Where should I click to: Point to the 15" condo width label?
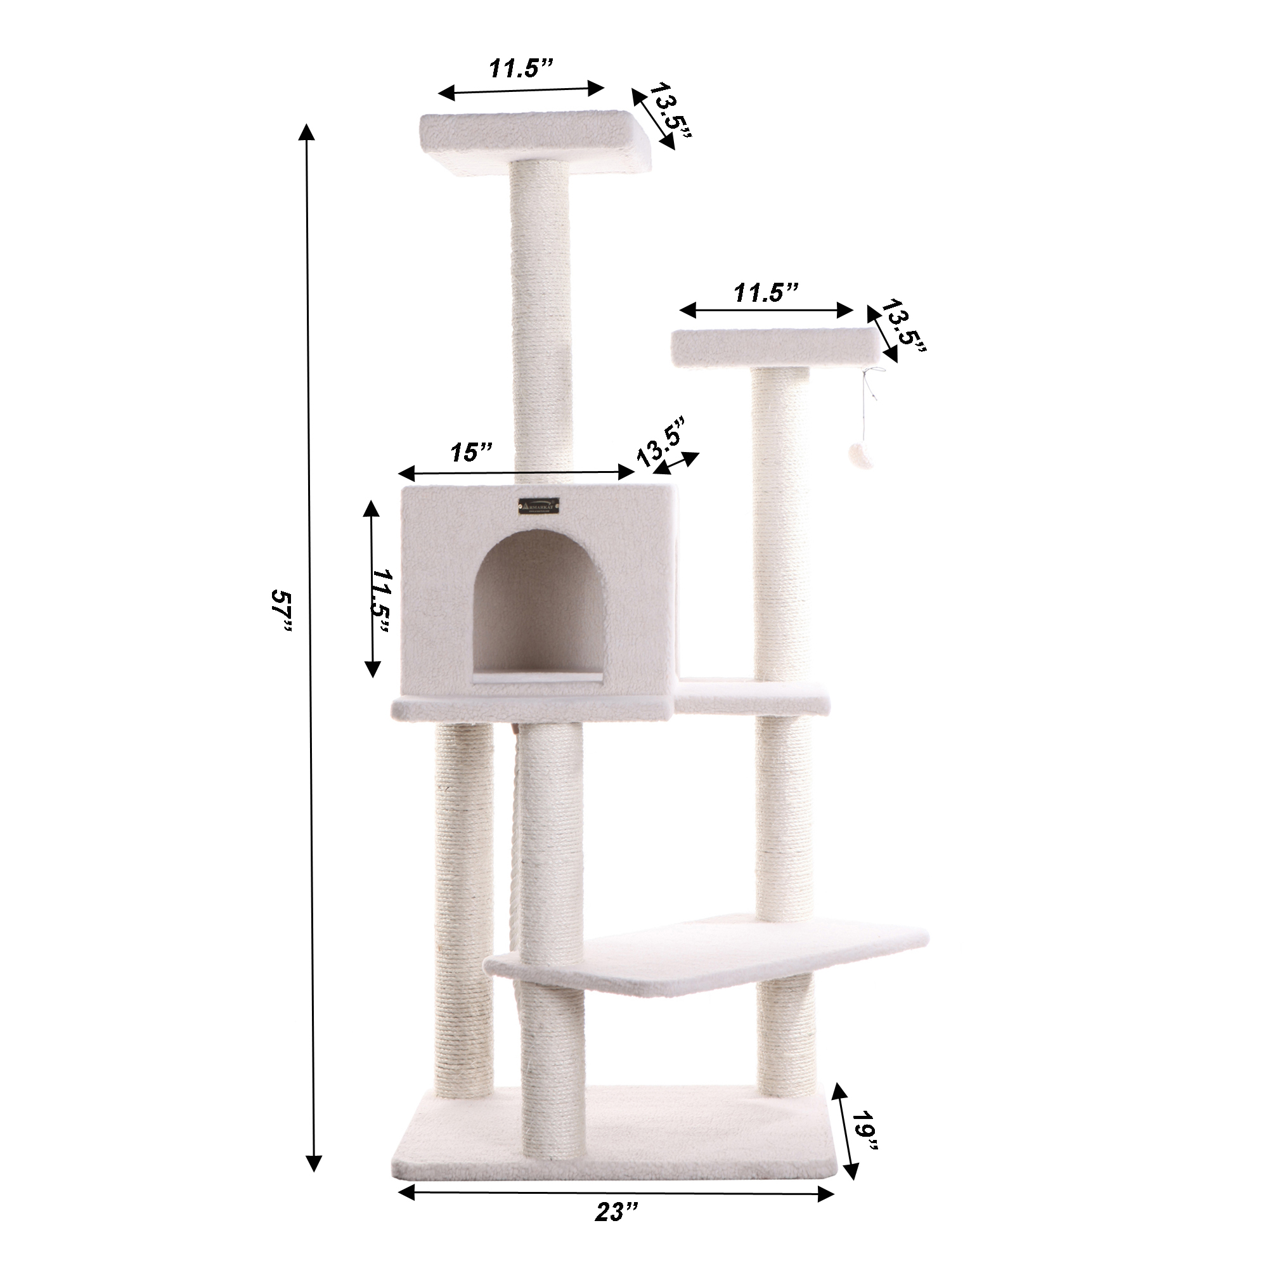tap(471, 452)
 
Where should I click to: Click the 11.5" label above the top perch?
tap(522, 68)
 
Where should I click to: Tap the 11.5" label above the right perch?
tap(766, 294)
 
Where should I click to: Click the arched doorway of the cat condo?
tap(538, 604)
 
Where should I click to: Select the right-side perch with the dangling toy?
tap(775, 346)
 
